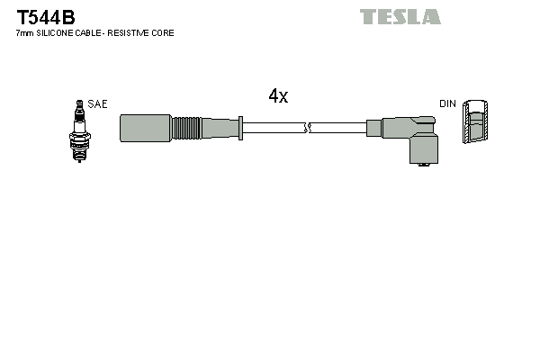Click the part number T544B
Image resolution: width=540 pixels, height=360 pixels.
coord(46,16)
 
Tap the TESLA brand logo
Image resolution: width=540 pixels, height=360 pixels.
coord(400,17)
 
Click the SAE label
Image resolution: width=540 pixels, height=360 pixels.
coord(97,104)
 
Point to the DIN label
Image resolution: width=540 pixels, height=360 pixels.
coord(447,104)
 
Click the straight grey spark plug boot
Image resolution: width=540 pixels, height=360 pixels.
coord(145,128)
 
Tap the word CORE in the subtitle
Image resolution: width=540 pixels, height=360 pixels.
coord(164,33)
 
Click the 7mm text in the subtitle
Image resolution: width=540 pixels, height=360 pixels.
coord(23,33)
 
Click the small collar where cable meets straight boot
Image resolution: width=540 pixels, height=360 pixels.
coord(241,128)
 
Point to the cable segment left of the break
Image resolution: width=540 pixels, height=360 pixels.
coord(274,128)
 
